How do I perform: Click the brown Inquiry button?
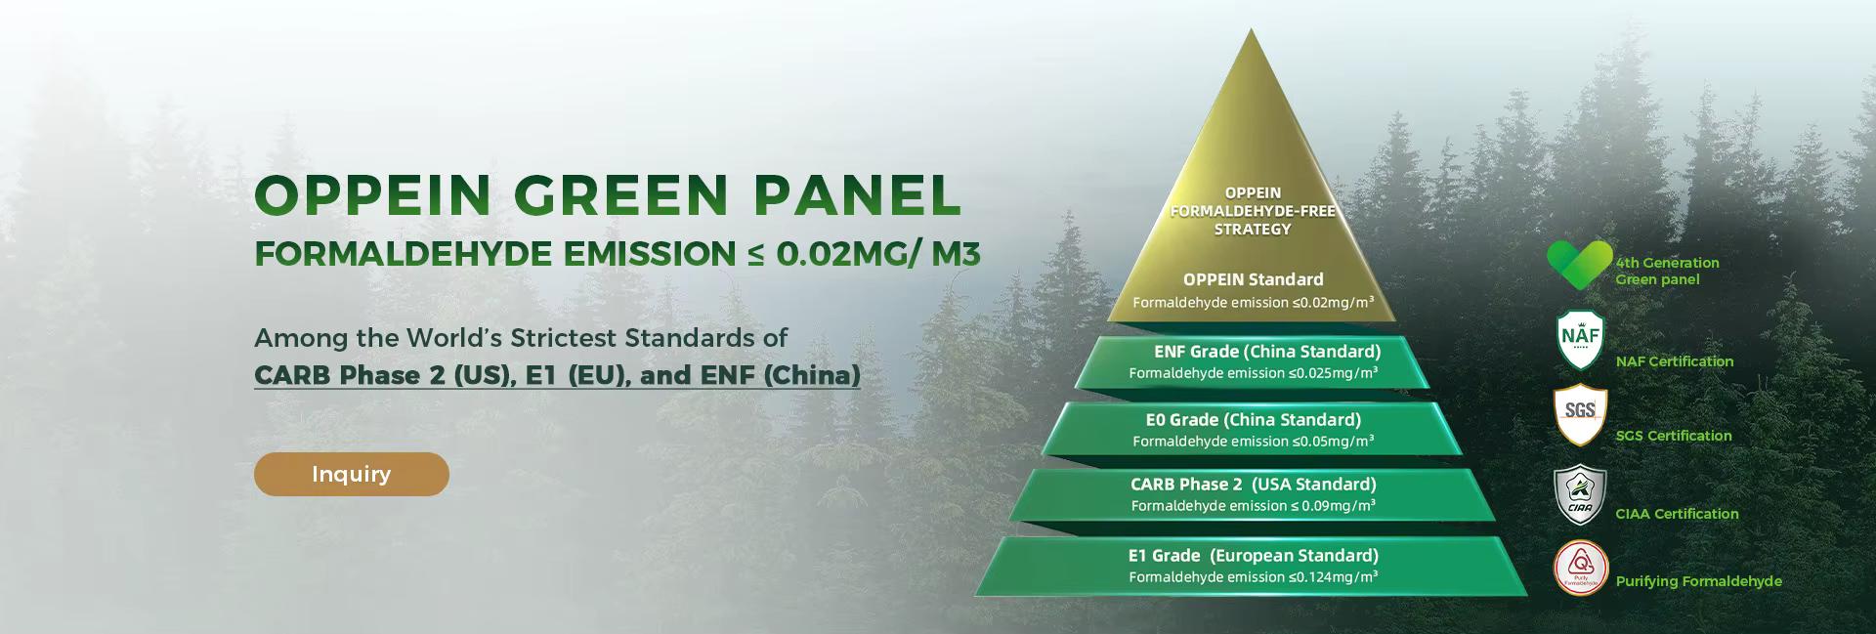tap(352, 474)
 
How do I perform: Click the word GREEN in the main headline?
tap(620, 194)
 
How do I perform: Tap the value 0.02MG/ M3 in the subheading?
tap(877, 253)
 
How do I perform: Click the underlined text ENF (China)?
tap(781, 375)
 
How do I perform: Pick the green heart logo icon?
tap(1579, 265)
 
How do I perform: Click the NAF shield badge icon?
tap(1580, 341)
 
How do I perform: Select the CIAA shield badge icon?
tap(1580, 495)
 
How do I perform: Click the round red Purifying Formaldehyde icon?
tap(1580, 568)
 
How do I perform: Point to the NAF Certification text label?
tap(1675, 361)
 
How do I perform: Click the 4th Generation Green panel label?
tap(1667, 271)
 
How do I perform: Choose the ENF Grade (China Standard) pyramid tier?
tap(1254, 362)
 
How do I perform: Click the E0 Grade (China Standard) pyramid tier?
tap(1254, 430)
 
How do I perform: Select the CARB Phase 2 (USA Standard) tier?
tap(1254, 495)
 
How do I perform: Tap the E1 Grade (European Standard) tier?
tap(1254, 567)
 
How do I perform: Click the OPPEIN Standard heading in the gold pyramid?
tap(1254, 279)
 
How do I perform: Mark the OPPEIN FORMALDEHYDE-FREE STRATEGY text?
tap(1253, 211)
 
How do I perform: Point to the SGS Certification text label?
tap(1674, 436)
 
